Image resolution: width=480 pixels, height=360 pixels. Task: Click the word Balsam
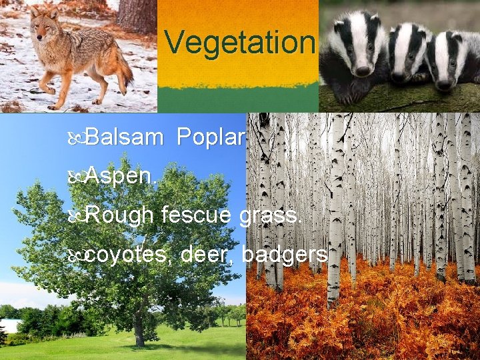click(124, 137)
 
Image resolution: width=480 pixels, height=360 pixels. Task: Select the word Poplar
click(211, 137)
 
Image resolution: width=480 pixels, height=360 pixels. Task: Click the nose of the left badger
click(363, 70)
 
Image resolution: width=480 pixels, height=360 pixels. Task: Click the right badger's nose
click(443, 84)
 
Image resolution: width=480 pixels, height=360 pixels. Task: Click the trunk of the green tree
click(139, 330)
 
